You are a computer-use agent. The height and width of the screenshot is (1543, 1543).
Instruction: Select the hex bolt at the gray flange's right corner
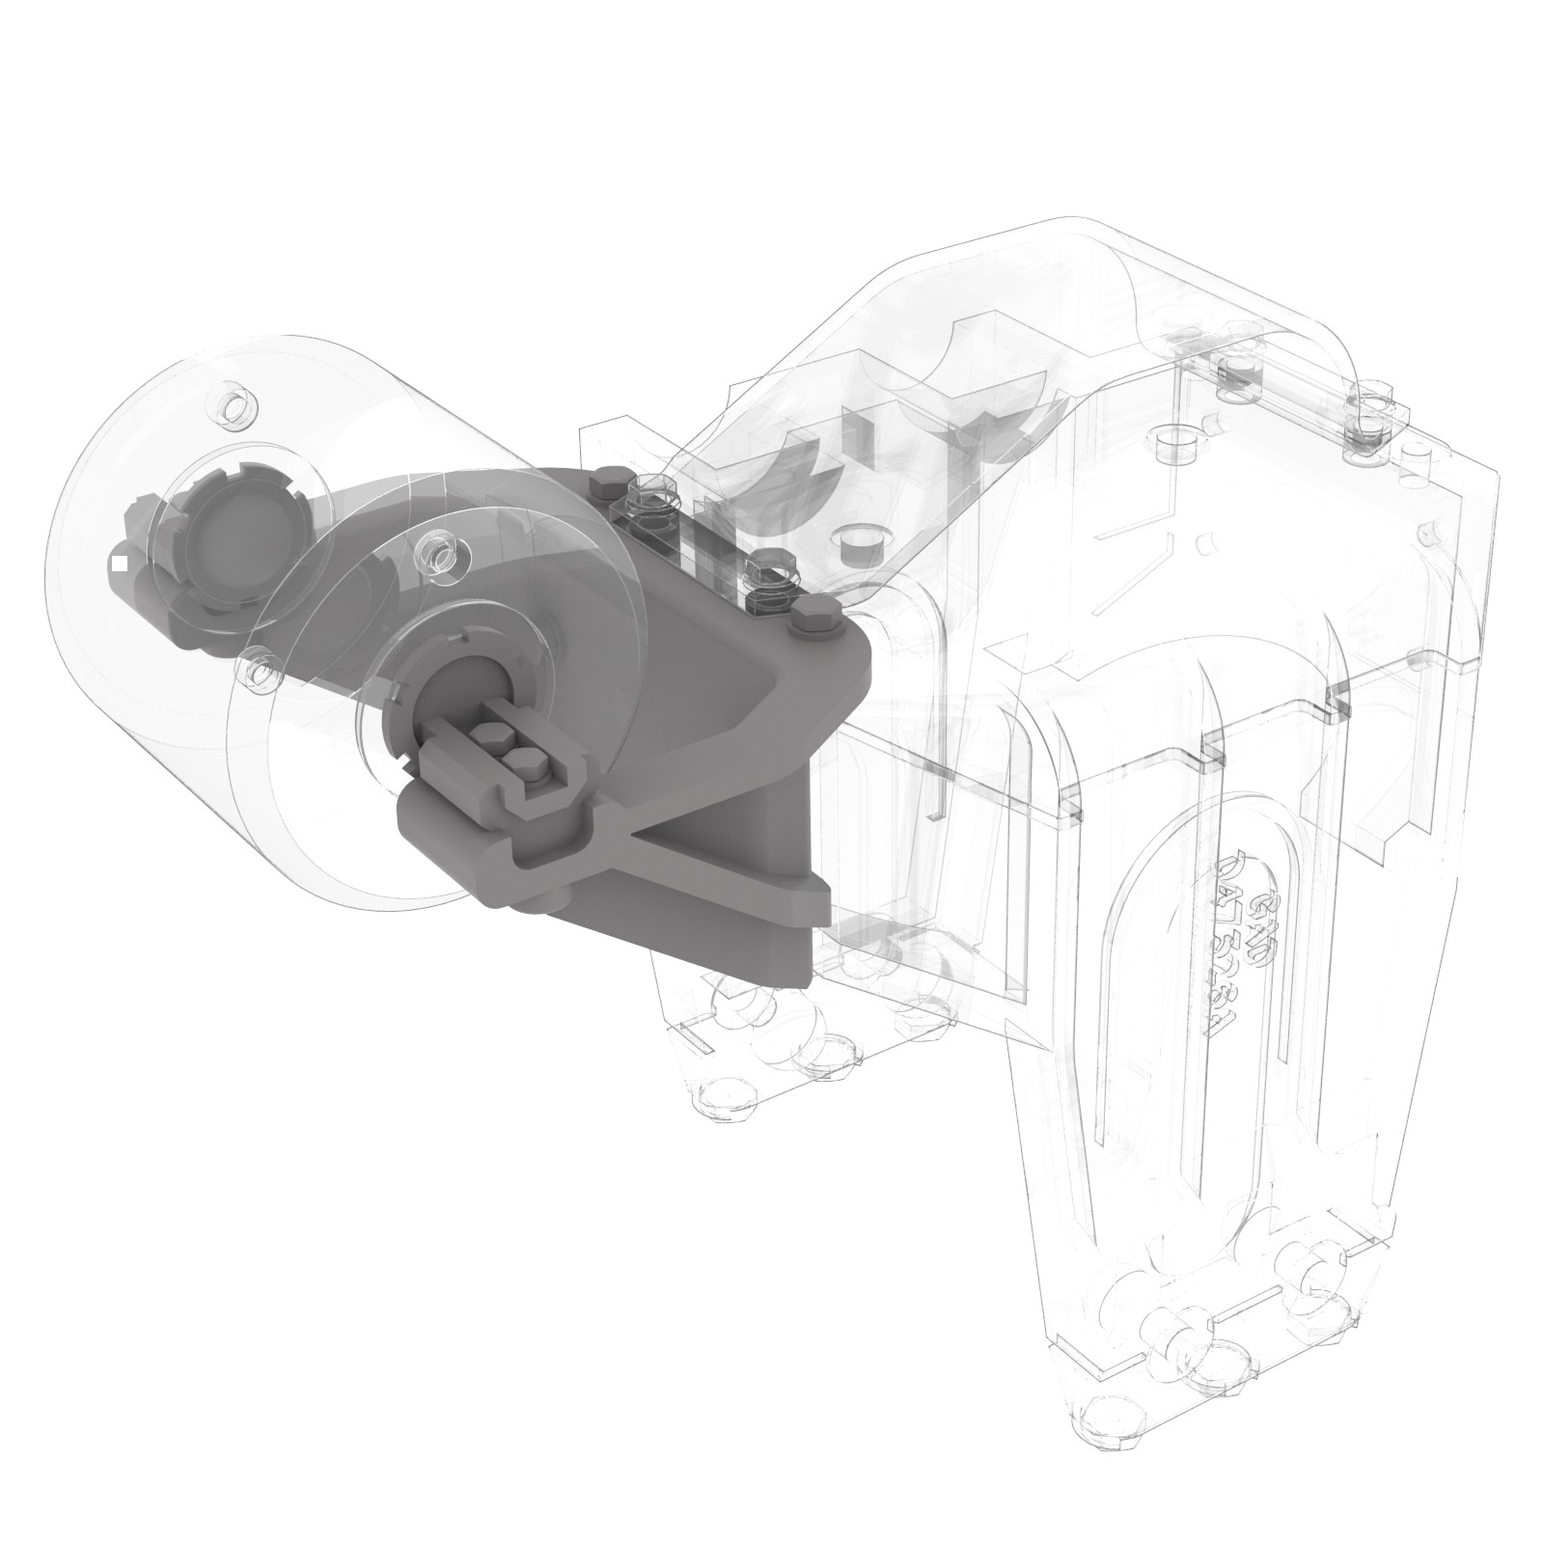click(x=816, y=624)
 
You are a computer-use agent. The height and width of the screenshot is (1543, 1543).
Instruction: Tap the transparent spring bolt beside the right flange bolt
click(x=771, y=571)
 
